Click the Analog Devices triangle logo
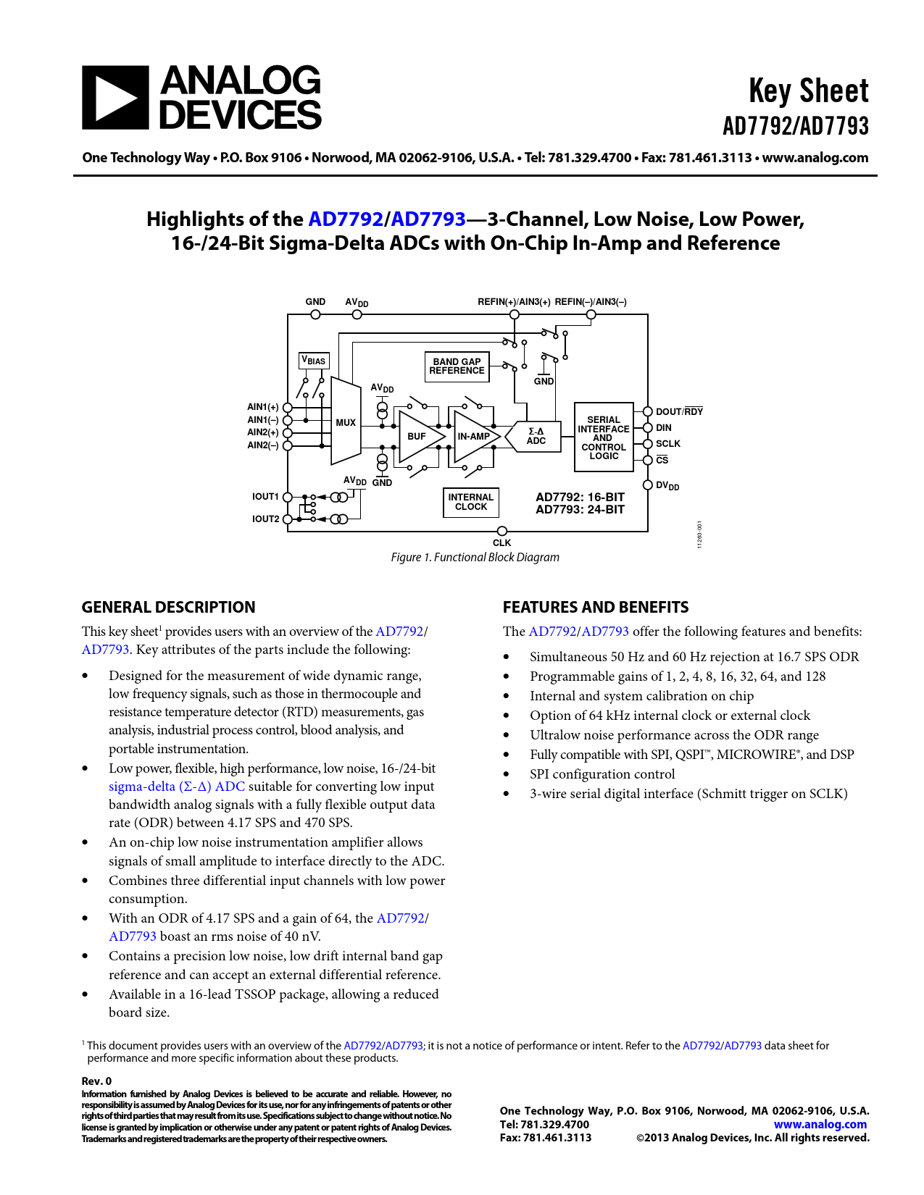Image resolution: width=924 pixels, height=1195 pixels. click(x=115, y=98)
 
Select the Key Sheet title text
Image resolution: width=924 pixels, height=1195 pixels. click(x=808, y=91)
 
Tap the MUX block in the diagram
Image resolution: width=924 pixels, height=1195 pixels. click(x=346, y=422)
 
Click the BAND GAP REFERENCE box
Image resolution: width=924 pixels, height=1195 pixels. click(x=457, y=366)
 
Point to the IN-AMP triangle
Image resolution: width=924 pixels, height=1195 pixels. click(x=475, y=437)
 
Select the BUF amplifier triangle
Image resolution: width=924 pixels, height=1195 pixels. click(x=419, y=437)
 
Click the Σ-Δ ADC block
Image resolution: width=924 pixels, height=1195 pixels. click(x=536, y=436)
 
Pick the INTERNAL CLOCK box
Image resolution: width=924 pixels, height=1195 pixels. click(x=471, y=502)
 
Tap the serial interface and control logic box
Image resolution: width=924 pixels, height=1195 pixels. click(x=604, y=437)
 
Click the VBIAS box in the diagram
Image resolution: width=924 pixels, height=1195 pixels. click(x=315, y=361)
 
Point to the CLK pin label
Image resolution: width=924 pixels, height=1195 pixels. click(x=501, y=543)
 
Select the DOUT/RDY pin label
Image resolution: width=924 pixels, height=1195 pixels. click(x=679, y=412)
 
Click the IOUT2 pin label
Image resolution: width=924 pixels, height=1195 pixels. click(x=265, y=519)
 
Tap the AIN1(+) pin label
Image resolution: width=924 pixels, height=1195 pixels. click(x=262, y=407)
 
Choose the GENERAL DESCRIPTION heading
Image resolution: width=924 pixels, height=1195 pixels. click(x=168, y=608)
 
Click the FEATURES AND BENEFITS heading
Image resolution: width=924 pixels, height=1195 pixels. click(x=596, y=608)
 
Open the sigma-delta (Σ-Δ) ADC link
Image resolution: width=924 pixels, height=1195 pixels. click(x=177, y=787)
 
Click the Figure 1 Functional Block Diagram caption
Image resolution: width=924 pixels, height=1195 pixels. click(x=475, y=557)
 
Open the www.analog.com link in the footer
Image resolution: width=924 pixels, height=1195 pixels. click(x=820, y=1124)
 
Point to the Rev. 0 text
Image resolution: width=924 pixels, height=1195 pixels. click(x=96, y=1081)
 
